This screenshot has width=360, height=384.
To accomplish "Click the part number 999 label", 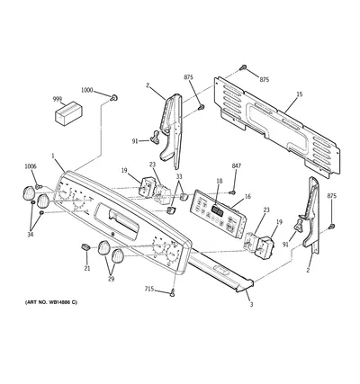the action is coord(58,99).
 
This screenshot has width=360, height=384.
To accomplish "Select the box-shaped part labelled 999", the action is coord(68,113).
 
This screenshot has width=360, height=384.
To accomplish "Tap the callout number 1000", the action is coord(87,90).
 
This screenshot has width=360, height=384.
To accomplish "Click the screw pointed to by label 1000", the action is coord(113,98).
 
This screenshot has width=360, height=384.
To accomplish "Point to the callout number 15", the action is coord(300,94).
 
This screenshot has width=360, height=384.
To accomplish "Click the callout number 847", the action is coord(237,165).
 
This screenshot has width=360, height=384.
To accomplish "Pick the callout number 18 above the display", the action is coord(220,181).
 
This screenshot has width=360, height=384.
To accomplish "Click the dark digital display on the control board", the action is coord(217,210).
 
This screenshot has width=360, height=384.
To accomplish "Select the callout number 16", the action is coord(247,196).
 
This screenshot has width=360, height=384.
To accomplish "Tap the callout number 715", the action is coord(149,289).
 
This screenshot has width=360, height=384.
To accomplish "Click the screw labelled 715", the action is coord(172,292).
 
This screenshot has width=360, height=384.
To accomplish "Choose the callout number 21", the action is coord(87,269).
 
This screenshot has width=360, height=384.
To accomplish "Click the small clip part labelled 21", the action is coord(85,246).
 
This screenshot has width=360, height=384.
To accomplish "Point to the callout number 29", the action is coord(112,279).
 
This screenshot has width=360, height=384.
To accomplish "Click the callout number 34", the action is coord(31,235).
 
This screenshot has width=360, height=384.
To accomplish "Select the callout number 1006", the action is coord(31,166).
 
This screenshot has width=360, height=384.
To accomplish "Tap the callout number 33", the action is coord(179,176).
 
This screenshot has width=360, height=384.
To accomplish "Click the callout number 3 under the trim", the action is coord(251,305).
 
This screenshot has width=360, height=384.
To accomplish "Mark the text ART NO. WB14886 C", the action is coord(51,302).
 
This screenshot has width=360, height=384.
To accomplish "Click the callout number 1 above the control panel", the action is coord(53,156).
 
